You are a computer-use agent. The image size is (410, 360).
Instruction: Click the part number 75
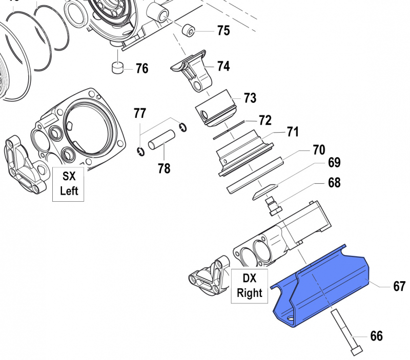[x=223, y=31]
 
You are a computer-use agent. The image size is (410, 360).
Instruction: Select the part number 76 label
[x=141, y=68]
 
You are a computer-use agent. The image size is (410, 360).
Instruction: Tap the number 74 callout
[x=223, y=66]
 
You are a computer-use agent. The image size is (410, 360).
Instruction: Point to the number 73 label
[x=250, y=98]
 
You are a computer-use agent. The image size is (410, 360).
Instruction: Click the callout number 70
[x=319, y=150]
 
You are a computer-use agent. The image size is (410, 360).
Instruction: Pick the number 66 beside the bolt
[x=376, y=336]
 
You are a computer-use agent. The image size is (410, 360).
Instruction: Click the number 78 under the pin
[x=164, y=168]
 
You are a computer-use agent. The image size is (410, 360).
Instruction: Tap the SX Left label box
[x=68, y=183]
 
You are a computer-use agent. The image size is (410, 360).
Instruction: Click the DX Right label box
[x=249, y=285]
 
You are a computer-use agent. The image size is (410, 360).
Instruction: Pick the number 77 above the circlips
[x=140, y=113]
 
